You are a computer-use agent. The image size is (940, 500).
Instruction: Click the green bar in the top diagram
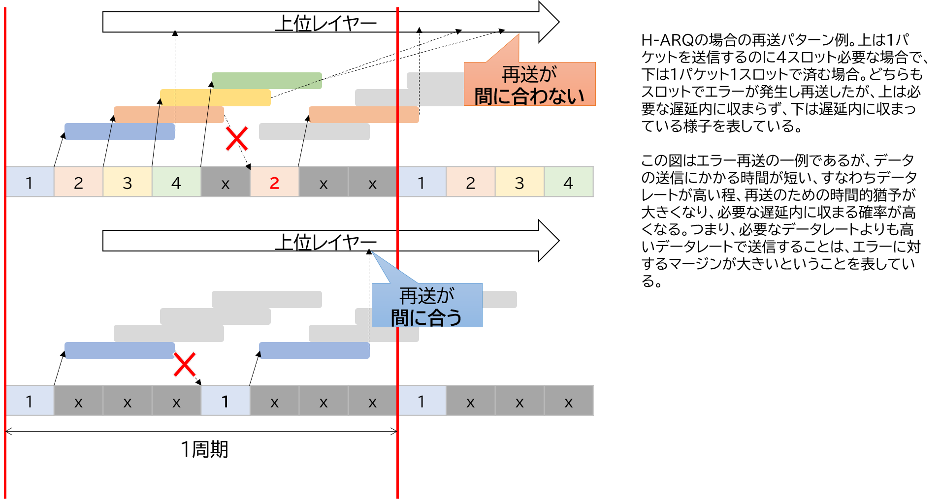(266, 81)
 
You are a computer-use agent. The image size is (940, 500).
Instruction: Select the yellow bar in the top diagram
(215, 97)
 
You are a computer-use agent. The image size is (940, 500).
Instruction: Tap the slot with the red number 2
(274, 182)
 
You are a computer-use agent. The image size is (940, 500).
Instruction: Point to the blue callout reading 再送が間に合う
(426, 306)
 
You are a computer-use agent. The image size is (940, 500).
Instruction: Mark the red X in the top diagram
(237, 138)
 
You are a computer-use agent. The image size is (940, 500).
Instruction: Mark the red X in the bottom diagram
(185, 364)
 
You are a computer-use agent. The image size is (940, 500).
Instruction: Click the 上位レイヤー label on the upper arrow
(325, 23)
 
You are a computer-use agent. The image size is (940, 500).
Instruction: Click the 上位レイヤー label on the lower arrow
(325, 241)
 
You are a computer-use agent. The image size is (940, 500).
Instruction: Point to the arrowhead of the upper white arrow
(548, 22)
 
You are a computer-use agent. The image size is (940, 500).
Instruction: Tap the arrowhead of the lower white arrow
(548, 241)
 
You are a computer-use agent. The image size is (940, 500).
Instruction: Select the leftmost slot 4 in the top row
(176, 182)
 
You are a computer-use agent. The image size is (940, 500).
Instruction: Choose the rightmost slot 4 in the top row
(568, 182)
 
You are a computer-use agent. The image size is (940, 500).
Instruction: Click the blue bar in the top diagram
(120, 131)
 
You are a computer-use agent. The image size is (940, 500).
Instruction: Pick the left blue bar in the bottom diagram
(120, 350)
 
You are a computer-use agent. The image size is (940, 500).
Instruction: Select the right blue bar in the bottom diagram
(314, 350)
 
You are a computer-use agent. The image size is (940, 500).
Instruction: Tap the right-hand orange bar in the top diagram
(363, 115)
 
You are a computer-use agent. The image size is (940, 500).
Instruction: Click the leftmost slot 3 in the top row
(127, 182)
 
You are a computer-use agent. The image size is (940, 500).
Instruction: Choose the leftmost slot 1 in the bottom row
(30, 401)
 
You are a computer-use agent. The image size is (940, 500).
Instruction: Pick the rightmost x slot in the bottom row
(568, 401)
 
